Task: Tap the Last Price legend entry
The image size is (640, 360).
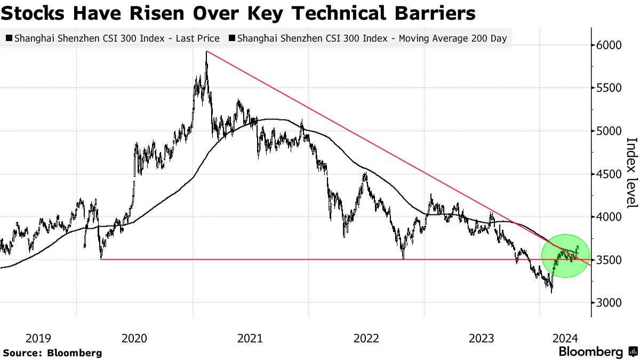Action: tap(114, 38)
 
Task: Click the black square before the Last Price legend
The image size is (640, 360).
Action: tap(9, 38)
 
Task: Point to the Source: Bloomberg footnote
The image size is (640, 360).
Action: tap(52, 353)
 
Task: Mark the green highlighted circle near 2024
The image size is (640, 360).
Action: tap(565, 256)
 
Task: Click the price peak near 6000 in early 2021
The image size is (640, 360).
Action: tap(206, 52)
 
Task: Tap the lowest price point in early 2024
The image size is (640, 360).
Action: tap(551, 292)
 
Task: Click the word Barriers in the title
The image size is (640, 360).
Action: tap(433, 13)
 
